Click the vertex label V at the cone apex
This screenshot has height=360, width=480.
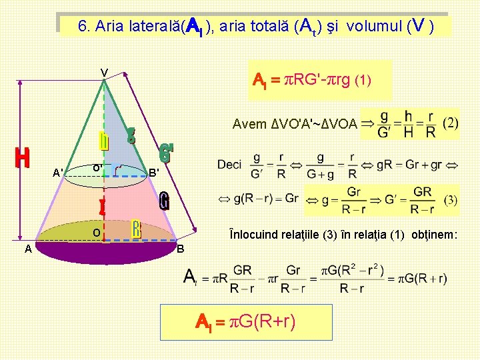pyautogui.click(x=104, y=73)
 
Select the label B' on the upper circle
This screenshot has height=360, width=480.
pyautogui.click(x=154, y=173)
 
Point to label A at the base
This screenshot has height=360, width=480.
pyautogui.click(x=27, y=249)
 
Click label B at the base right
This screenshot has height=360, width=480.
pyautogui.click(x=181, y=249)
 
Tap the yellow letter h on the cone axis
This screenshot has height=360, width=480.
pyautogui.click(x=104, y=141)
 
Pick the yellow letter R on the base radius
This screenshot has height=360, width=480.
pyautogui.click(x=136, y=228)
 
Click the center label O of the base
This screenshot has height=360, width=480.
pyautogui.click(x=97, y=233)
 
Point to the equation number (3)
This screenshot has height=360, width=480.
pyautogui.click(x=450, y=199)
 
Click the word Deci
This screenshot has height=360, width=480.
pyautogui.click(x=229, y=164)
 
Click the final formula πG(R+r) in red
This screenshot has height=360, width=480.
pyautogui.click(x=246, y=323)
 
